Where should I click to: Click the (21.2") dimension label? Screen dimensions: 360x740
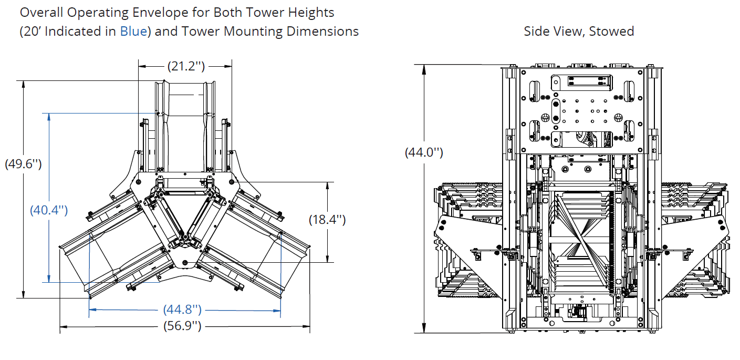pyautogui.click(x=185, y=66)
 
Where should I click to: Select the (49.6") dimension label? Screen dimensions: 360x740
pyautogui.click(x=23, y=163)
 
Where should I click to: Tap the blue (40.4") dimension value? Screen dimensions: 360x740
pyautogui.click(x=49, y=211)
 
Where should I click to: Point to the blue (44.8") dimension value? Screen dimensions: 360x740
pyautogui.click(x=183, y=310)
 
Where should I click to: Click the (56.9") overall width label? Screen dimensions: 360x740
pyautogui.click(x=182, y=327)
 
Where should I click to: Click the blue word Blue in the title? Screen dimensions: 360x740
pyautogui.click(x=133, y=31)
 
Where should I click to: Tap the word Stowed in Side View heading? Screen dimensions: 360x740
pyautogui.click(x=611, y=31)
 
